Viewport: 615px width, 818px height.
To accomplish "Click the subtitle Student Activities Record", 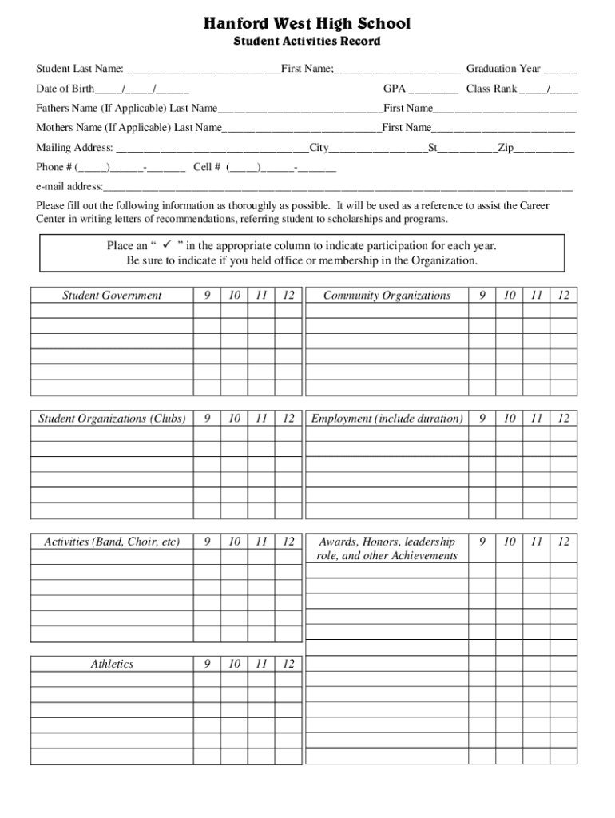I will [x=307, y=41].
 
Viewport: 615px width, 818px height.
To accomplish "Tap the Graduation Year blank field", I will [x=561, y=69].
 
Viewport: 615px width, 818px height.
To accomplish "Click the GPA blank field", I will [x=434, y=89].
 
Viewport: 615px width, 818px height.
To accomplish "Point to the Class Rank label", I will [x=491, y=89].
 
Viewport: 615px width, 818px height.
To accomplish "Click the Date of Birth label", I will [x=65, y=89].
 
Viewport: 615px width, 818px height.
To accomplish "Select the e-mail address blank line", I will [x=338, y=188].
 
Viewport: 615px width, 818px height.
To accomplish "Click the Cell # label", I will [x=208, y=167].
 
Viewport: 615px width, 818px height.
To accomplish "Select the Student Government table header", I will [x=112, y=296].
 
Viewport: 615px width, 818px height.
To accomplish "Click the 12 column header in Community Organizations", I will [x=564, y=296].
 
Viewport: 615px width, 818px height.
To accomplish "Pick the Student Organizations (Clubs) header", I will [x=112, y=419].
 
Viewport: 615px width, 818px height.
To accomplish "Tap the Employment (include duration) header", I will [x=387, y=419].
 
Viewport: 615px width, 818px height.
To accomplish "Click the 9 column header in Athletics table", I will [x=207, y=665].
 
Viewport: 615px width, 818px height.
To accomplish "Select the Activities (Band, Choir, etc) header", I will [x=112, y=542].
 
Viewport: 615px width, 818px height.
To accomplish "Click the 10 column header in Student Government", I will [x=234, y=296].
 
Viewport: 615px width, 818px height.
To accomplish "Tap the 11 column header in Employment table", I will [x=536, y=419].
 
